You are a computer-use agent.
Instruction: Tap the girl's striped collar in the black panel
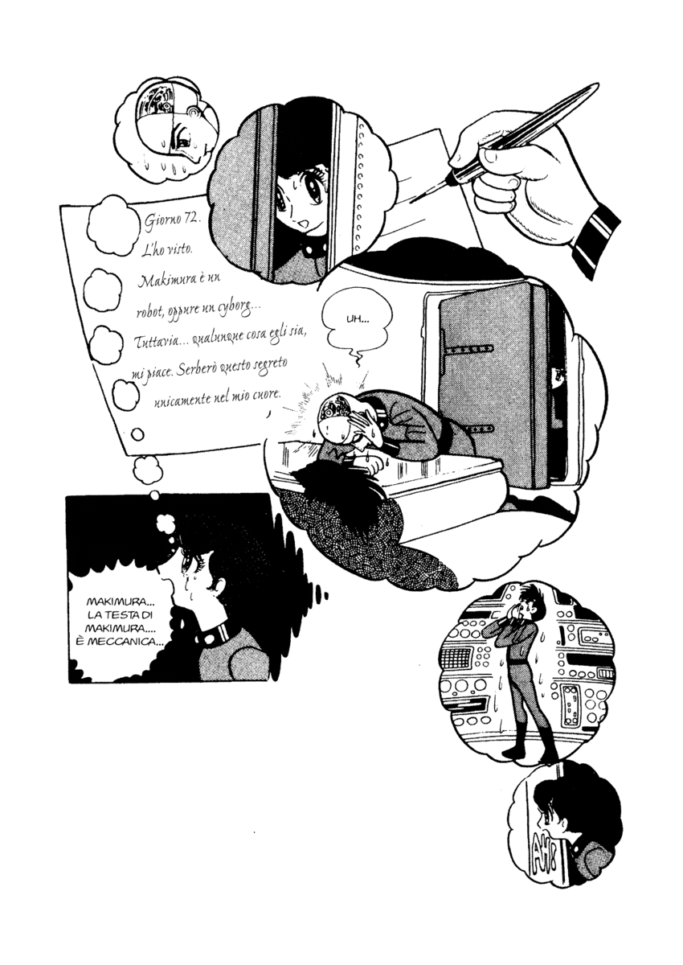[x=221, y=635]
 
